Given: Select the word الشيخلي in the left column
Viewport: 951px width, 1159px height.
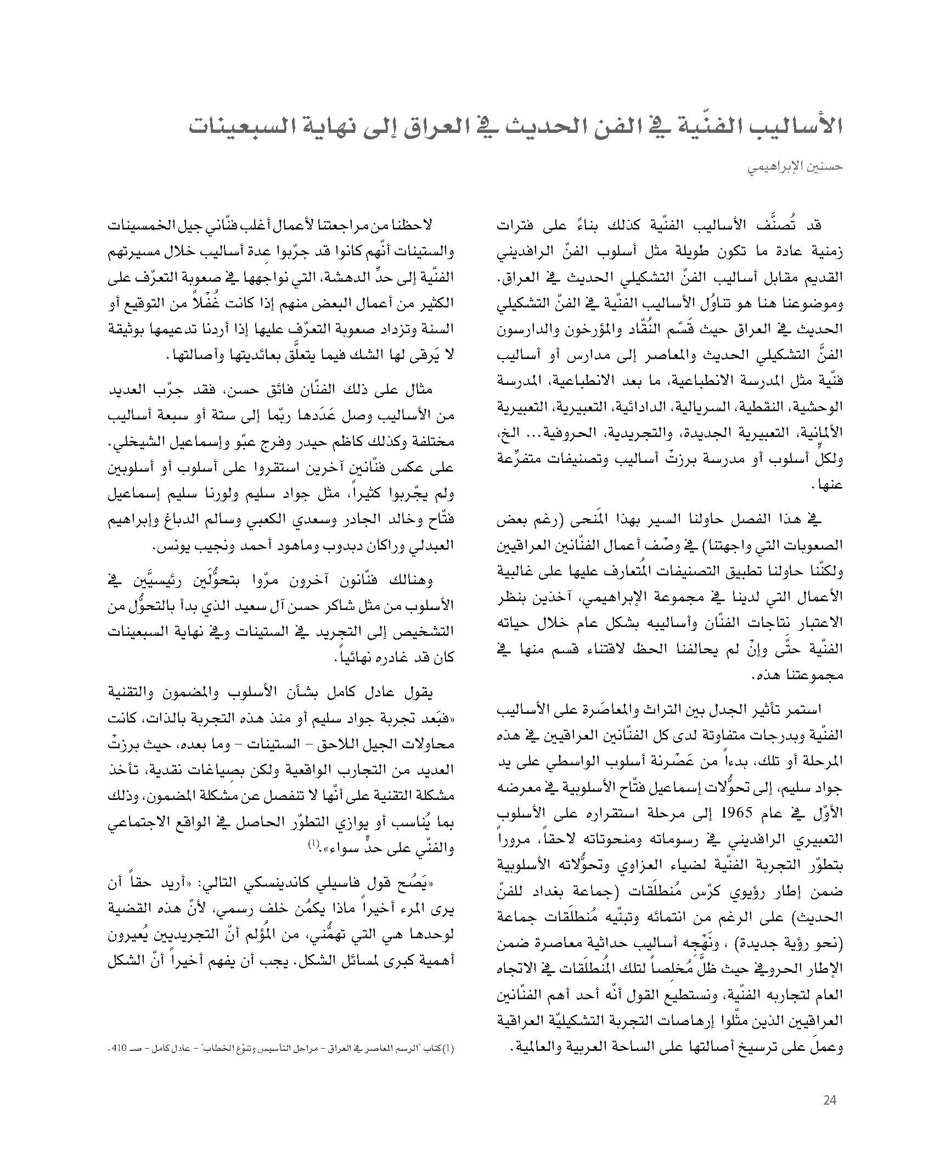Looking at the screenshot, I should coord(136,443).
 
